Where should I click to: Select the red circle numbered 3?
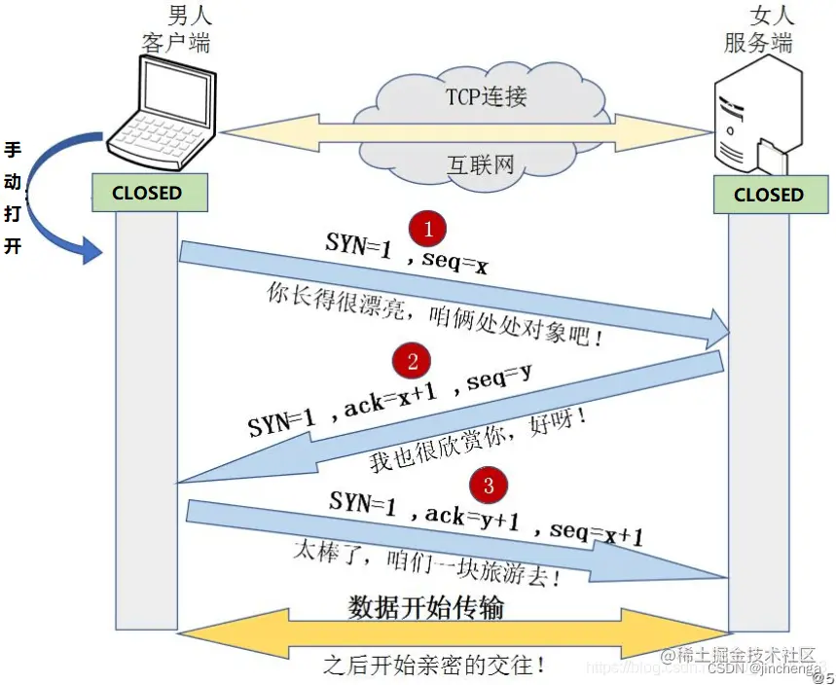(489, 483)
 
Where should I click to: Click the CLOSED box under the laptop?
(147, 193)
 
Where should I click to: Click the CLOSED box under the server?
(768, 195)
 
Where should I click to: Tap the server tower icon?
(757, 117)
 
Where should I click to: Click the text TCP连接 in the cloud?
(487, 96)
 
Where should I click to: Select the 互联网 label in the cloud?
(480, 163)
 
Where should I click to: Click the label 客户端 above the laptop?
(174, 43)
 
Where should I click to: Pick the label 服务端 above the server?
(758, 43)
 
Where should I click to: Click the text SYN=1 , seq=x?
(406, 255)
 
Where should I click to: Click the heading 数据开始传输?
(426, 608)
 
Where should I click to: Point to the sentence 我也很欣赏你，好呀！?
(478, 443)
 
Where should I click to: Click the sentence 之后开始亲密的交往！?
(434, 666)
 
